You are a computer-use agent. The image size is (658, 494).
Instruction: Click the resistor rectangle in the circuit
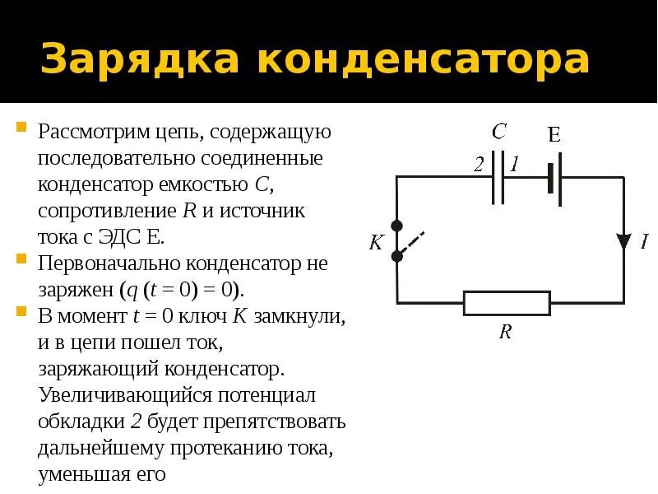506,302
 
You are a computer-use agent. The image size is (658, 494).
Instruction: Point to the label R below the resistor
506,332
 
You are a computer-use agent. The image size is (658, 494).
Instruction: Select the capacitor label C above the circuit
498,132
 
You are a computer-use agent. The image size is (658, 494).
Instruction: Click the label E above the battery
554,135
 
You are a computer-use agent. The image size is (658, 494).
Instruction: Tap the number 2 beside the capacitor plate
479,165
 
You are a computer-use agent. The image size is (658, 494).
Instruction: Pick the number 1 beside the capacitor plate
514,165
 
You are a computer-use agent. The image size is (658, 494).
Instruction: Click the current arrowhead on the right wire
623,241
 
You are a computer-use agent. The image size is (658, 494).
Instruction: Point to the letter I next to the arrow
644,242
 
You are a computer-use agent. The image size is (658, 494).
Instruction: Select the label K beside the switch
377,243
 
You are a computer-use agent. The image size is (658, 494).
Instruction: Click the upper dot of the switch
397,225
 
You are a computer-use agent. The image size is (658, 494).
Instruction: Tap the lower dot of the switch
397,256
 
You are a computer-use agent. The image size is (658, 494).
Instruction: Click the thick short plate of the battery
549,177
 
